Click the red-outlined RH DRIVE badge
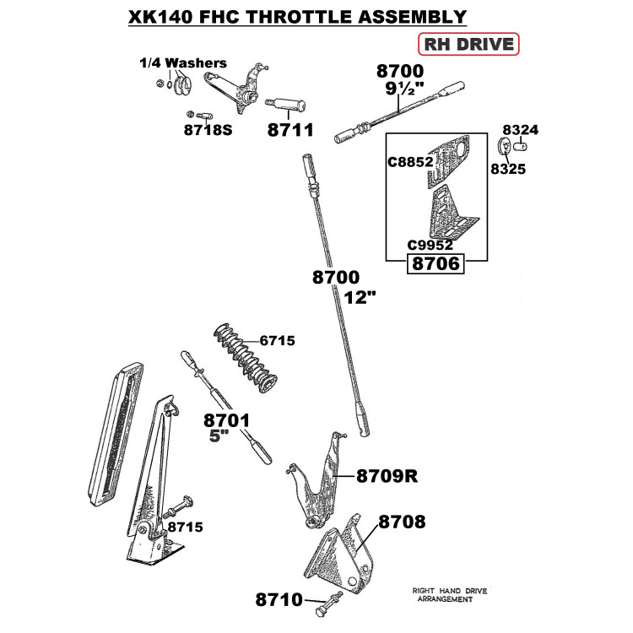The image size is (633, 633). [x=468, y=44]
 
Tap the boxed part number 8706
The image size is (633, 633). [x=436, y=263]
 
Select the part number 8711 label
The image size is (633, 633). [x=290, y=130]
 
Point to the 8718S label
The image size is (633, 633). [x=208, y=130]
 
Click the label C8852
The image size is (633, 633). [x=410, y=162]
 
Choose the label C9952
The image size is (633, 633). [x=430, y=245]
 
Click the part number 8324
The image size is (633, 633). [x=521, y=130]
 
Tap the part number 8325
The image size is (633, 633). [x=508, y=169]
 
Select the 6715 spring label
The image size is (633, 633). [x=277, y=341]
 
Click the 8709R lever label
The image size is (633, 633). [x=387, y=476]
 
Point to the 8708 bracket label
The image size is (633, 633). [x=402, y=522]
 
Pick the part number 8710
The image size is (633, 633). [x=279, y=599]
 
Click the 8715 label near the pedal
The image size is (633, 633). [x=186, y=527]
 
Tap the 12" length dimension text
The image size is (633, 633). [x=360, y=298]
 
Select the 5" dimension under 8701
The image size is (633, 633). [x=219, y=436]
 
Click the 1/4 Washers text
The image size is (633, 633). [x=183, y=63]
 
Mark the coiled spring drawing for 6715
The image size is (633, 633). [x=245, y=358]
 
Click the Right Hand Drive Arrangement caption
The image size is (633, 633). [x=449, y=595]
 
